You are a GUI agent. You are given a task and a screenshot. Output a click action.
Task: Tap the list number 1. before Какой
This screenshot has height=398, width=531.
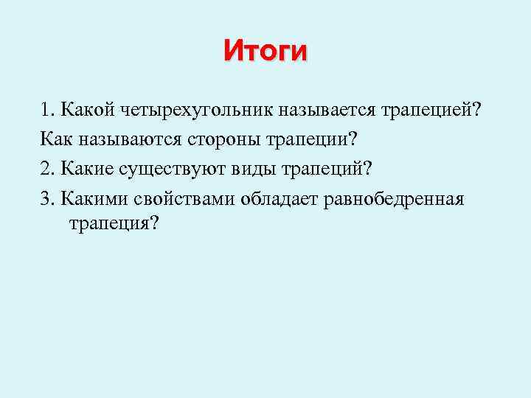pyautogui.click(x=49, y=111)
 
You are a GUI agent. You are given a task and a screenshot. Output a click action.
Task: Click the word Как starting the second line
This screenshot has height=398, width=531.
pyautogui.click(x=56, y=139)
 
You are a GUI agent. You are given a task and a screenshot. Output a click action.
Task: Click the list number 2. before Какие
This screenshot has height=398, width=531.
pyautogui.click(x=49, y=169)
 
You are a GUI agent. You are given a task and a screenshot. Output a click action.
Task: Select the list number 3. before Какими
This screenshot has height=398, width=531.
pyautogui.click(x=49, y=198)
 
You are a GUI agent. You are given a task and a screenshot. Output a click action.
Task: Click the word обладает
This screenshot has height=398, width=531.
pyautogui.click(x=278, y=198)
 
